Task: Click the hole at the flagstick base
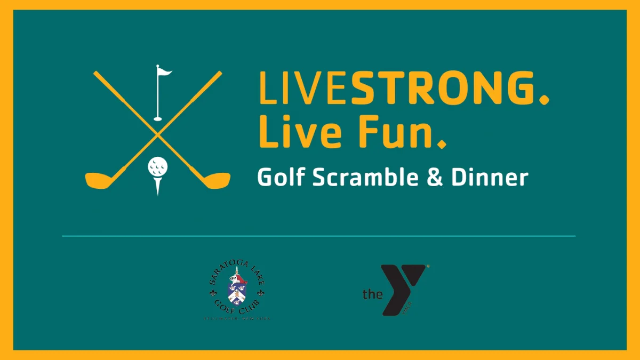point(158,118)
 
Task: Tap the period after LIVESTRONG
point(543,99)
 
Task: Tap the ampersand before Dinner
point(434,178)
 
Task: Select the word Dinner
point(490,178)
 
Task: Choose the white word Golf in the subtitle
point(281,178)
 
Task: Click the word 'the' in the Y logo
point(372,293)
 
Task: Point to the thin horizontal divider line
point(319,236)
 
